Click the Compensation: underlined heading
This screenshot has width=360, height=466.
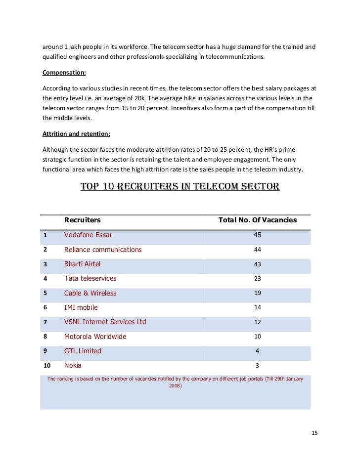(64, 73)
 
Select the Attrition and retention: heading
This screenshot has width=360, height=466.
(76, 133)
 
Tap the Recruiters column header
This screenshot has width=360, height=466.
(82, 220)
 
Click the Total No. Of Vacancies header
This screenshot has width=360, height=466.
(257, 220)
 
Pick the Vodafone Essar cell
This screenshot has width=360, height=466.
(88, 235)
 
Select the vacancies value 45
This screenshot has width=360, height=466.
(257, 235)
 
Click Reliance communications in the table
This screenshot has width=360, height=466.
(102, 250)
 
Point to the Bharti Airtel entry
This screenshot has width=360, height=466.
(82, 264)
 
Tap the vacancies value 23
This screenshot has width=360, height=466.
(257, 279)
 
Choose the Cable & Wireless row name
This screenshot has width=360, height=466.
(90, 293)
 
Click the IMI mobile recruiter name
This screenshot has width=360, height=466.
(81, 307)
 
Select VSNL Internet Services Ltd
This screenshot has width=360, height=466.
(105, 322)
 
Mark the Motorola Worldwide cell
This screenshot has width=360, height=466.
(95, 337)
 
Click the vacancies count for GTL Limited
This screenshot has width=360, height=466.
(257, 351)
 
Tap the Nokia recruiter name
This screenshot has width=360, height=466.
(73, 365)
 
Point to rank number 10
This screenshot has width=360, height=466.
(47, 366)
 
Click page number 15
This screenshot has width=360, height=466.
(315, 433)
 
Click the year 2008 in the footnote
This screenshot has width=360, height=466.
(175, 386)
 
